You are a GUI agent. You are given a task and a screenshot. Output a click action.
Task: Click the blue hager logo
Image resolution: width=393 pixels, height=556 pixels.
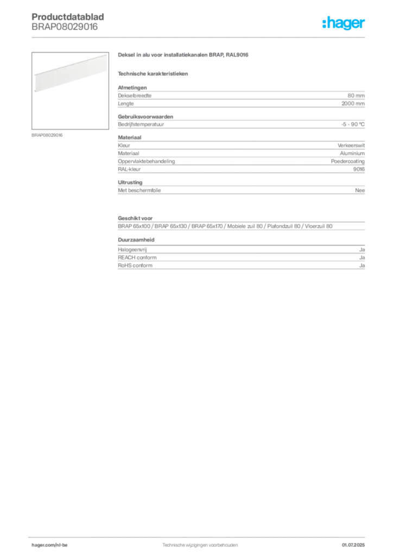345,24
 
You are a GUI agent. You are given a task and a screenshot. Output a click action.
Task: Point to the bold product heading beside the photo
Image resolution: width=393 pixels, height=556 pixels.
185,56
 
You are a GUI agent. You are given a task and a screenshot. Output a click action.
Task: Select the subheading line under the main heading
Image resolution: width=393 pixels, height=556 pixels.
154,73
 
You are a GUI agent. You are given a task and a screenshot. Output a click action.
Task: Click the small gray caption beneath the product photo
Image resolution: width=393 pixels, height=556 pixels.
48,135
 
